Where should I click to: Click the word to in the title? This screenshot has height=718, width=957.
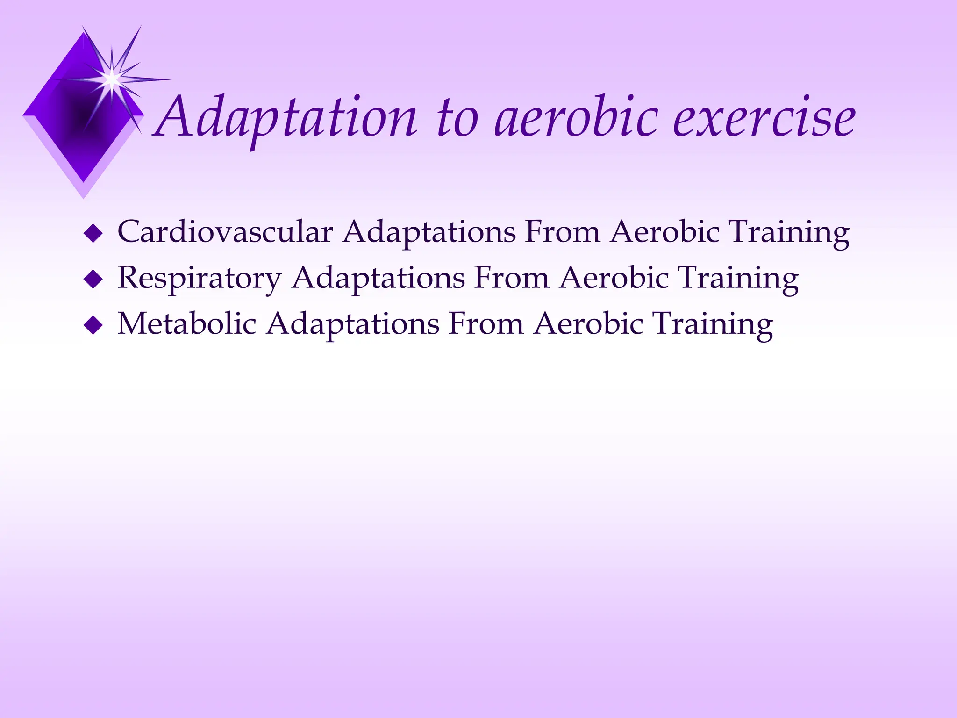[457, 118]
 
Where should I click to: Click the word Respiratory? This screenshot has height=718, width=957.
[199, 278]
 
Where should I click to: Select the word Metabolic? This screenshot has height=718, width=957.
[187, 323]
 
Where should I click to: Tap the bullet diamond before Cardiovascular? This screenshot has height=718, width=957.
[93, 233]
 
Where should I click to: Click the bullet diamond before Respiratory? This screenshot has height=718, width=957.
[93, 280]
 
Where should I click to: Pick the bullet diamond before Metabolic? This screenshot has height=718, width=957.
[93, 325]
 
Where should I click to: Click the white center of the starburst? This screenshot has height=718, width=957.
[112, 79]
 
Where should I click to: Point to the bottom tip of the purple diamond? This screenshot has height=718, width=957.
[84, 181]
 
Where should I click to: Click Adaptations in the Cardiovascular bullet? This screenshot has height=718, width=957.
[429, 232]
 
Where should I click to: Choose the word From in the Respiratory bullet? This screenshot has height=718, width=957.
[511, 278]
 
